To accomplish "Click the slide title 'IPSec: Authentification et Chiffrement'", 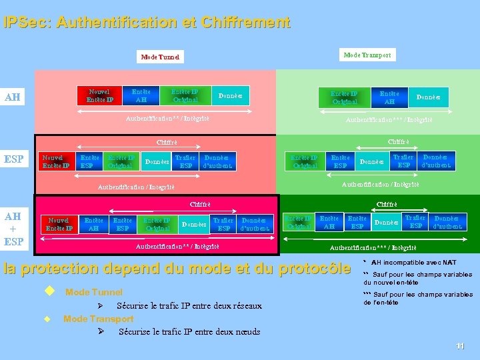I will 147,23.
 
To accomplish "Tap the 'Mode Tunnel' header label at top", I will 160,57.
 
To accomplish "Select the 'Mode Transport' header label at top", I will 367,55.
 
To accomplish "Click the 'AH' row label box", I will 13,97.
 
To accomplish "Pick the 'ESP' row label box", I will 14,159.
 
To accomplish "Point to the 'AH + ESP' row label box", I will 13,229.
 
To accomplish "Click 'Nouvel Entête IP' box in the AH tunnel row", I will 100,95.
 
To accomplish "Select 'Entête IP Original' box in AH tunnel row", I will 185,95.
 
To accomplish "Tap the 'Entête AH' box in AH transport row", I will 389,98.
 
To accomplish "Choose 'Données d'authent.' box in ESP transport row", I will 435,161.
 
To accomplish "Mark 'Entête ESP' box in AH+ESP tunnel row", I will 122,224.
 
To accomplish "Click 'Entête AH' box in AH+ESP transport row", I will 329,222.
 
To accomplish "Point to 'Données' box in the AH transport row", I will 428,97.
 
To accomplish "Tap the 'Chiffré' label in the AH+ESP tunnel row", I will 200,203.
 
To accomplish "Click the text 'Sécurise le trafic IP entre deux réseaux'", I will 189,306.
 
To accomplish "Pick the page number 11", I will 460,345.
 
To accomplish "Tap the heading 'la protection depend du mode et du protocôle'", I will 177,269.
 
